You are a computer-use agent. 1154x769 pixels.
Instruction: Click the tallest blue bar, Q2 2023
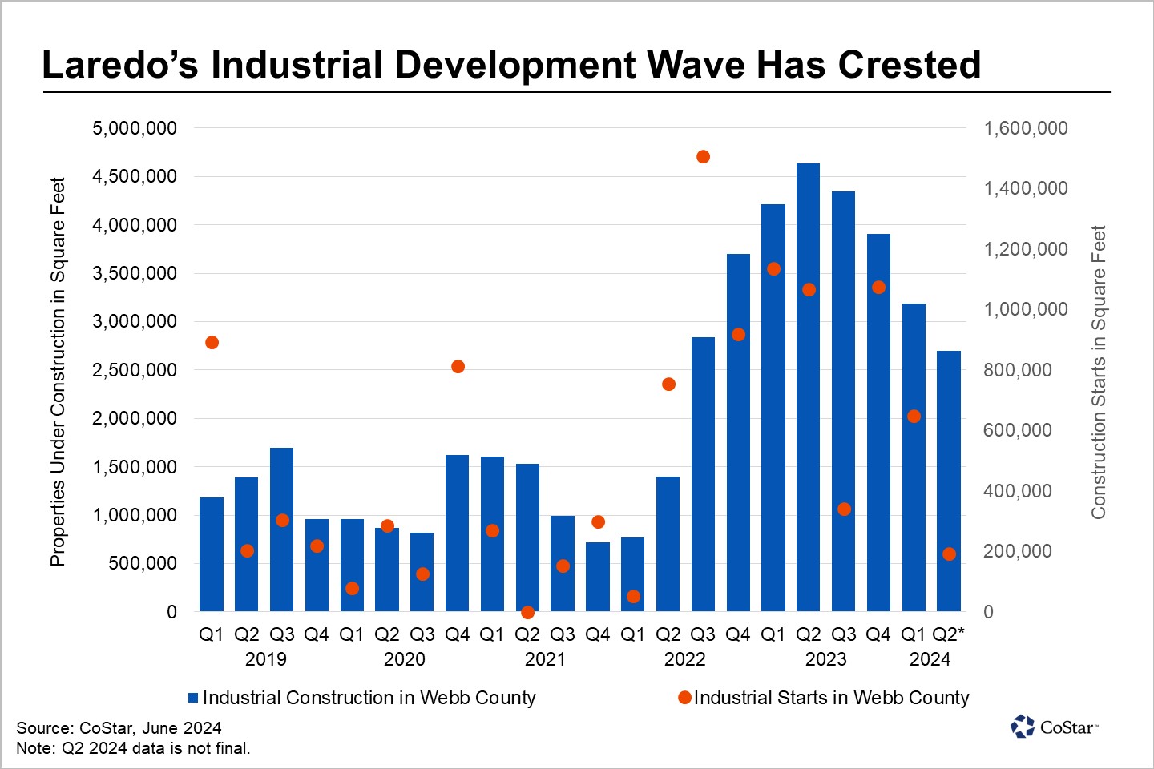pos(808,388)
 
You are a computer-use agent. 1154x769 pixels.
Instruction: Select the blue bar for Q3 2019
pos(281,529)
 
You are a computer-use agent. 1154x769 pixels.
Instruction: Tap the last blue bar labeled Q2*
pos(949,481)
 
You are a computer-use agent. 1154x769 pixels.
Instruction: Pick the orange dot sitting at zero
pos(527,612)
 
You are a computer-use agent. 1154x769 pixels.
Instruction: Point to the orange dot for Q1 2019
pos(212,343)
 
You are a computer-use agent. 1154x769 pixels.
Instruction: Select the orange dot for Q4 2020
pos(458,367)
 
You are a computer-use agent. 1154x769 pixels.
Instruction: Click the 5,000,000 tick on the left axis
pos(135,128)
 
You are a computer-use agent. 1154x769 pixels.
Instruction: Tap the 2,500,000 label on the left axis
pos(135,370)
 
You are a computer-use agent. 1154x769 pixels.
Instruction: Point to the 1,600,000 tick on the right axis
pos(1026,128)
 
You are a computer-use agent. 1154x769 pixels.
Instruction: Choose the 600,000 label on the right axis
pos(1018,430)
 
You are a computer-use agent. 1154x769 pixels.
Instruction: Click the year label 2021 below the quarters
pos(545,659)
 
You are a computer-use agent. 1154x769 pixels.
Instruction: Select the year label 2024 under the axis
pos(930,659)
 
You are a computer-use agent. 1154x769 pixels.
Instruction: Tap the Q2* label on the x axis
pos(948,634)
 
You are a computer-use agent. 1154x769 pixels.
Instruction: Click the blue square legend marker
pos(193,698)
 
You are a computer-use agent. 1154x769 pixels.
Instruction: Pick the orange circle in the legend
pos(684,698)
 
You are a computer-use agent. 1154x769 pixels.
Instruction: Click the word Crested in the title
pos(910,65)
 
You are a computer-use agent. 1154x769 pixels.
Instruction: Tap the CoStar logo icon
pos(1023,727)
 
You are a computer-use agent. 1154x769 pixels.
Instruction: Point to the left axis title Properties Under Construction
pos(58,372)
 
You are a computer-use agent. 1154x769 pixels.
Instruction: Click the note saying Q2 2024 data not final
pos(133,748)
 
